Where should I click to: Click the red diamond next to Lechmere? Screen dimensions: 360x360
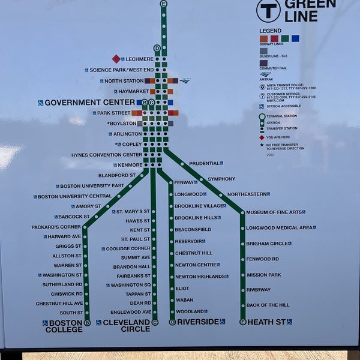coord(116,59)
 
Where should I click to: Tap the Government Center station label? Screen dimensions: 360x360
coord(89,103)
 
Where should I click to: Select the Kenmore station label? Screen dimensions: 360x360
coord(130,165)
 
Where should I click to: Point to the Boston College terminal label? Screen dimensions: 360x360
coord(64,326)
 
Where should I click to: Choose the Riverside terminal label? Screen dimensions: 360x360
coord(197,322)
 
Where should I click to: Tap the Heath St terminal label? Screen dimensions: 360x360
coord(266,322)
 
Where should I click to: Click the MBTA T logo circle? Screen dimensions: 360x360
coord(268,10)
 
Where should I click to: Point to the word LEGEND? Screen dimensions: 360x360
coord(270,31)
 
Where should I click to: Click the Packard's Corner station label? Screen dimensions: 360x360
coord(56,227)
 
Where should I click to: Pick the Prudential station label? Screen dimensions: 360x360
coord(204,163)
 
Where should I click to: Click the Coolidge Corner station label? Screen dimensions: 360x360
coord(128,248)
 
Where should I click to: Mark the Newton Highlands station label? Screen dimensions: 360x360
coord(200,277)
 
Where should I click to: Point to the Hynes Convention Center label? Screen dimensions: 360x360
coord(107,155)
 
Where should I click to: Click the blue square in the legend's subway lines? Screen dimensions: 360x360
coord(295,38)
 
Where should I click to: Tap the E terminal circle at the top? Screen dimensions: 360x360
coord(164,4)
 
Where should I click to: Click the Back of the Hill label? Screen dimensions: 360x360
coord(268,305)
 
